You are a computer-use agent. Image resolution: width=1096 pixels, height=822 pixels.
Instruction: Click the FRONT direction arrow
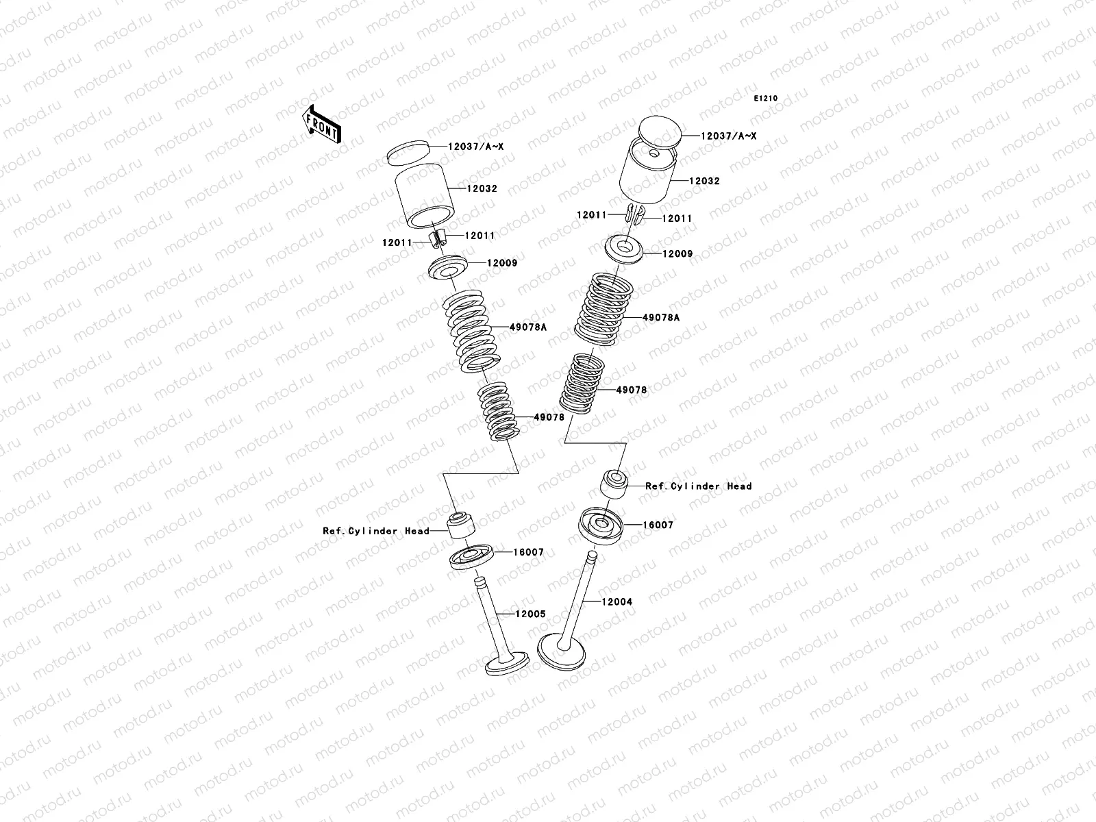pos(321,124)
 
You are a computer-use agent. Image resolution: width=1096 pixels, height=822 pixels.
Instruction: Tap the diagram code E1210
pos(765,99)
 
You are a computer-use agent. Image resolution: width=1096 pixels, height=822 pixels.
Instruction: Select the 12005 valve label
pos(530,614)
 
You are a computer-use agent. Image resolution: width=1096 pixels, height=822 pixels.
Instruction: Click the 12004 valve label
pos(616,602)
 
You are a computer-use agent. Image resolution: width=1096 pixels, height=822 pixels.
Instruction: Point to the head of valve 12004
pos(561,652)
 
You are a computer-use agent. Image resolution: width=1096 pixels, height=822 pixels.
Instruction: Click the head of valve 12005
pos(507,663)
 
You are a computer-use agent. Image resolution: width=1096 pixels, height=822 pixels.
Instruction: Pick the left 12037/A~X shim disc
pos(408,153)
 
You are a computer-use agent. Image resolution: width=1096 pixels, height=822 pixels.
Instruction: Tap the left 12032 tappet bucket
pos(425,196)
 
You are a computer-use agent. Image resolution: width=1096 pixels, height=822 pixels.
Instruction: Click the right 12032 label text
pos(704,181)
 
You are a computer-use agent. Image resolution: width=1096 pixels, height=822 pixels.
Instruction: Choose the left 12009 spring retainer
pos(448,268)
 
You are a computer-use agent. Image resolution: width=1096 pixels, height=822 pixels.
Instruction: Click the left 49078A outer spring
pos(471,332)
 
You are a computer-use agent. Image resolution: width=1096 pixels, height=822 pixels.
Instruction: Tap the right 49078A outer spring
pos(603,309)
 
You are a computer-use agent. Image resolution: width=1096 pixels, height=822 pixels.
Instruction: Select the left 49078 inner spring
pos(498,412)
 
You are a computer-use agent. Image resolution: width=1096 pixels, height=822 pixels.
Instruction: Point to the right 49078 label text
pos(631,390)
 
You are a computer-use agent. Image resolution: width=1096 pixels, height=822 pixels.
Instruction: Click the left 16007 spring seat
pos(471,557)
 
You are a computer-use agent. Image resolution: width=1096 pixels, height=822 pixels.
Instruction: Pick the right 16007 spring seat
pos(601,526)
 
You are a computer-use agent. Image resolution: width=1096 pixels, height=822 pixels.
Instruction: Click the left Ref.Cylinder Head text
pos(376,531)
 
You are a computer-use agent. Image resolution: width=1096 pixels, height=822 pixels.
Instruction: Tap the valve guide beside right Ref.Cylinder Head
pos(614,484)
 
